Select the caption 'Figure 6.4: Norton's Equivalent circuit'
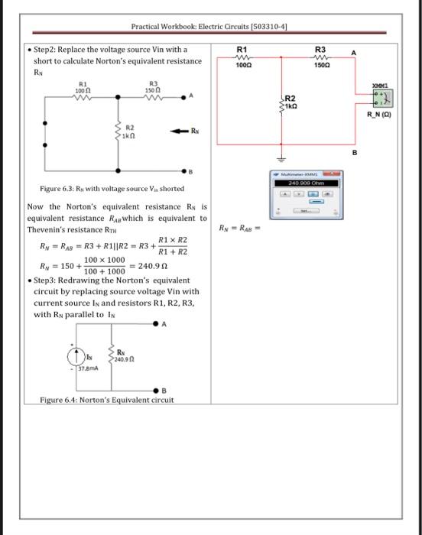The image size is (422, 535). [107, 400]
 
